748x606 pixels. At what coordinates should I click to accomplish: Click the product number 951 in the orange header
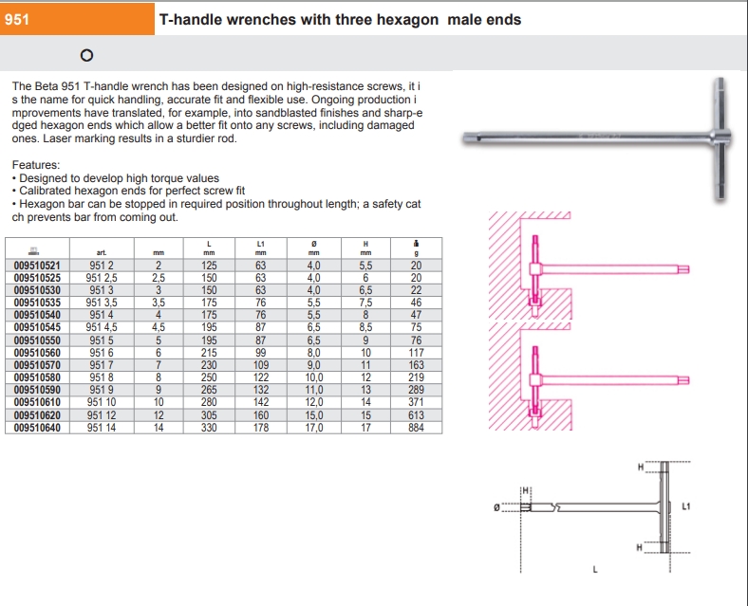[x=18, y=18]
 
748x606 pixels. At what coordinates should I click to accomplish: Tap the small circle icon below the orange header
[x=86, y=56]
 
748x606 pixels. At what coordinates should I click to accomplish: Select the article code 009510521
[x=38, y=266]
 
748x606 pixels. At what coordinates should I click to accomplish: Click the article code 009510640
[x=38, y=428]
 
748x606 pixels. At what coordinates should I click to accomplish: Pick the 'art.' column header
[x=102, y=253]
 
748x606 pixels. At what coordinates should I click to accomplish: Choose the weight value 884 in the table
[x=415, y=428]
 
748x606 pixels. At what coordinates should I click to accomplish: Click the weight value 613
[x=415, y=415]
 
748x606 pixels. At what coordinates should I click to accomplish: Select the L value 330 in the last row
[x=209, y=428]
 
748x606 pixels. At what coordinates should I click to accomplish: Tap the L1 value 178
[x=260, y=428]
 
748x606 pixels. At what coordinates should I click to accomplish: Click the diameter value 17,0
[x=314, y=428]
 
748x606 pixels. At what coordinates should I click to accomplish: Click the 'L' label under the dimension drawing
[x=595, y=569]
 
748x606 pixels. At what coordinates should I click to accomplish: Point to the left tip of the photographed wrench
[x=469, y=141]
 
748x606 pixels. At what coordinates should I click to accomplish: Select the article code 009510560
[x=38, y=353]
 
